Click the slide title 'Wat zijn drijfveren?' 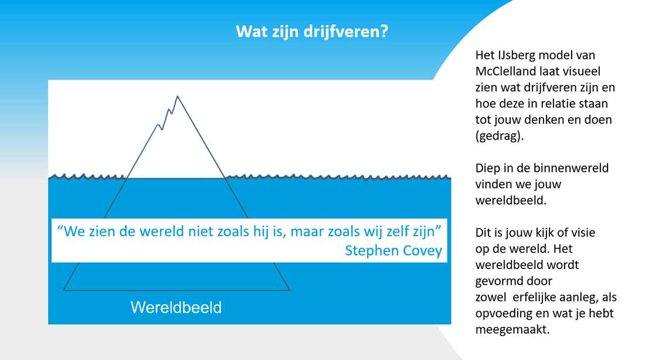point(312,32)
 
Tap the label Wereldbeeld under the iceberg point(176,307)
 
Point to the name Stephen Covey point(393,250)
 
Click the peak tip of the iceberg point(177,96)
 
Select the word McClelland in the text point(507,71)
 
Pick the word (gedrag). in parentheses point(500,136)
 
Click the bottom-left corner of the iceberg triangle point(63,290)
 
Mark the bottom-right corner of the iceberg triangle point(290,290)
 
